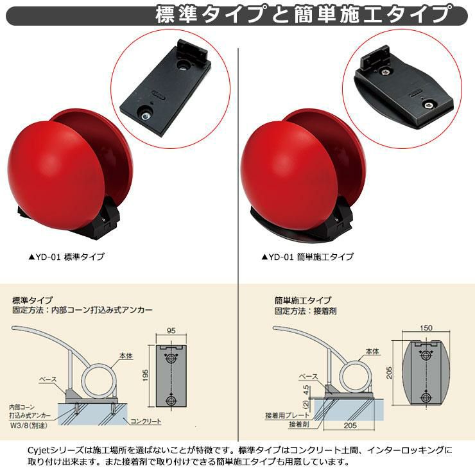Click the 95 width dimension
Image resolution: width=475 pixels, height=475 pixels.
click(171, 330)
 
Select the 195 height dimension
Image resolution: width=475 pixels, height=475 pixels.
click(146, 375)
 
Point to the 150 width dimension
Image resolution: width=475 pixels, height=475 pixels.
click(426, 328)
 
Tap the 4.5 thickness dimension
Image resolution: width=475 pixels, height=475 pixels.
click(306, 390)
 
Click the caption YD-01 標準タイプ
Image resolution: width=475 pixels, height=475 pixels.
click(66, 257)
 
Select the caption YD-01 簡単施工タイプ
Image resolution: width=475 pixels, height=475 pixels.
click(307, 257)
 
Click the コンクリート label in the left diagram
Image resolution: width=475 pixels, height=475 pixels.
click(146, 421)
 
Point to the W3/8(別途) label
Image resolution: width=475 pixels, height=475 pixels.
click(29, 426)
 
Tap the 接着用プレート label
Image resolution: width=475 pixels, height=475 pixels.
click(287, 415)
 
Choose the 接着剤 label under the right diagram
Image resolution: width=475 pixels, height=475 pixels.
click(299, 424)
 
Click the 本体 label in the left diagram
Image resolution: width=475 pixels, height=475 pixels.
click(126, 356)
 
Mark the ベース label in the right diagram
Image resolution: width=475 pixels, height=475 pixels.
click(309, 377)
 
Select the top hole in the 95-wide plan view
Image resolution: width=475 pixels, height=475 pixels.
click(171, 358)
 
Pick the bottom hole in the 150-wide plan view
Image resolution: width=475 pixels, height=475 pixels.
click(426, 397)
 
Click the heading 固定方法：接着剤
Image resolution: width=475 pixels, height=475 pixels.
click(306, 311)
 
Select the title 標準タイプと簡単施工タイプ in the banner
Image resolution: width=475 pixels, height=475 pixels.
click(303, 15)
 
